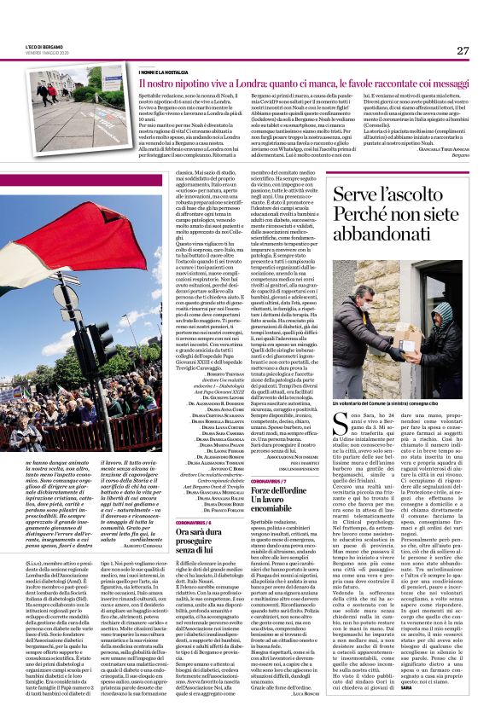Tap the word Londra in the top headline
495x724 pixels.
(237, 84)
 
